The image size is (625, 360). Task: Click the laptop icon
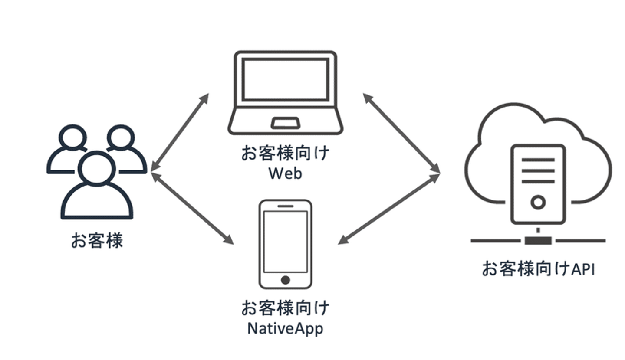click(x=285, y=93)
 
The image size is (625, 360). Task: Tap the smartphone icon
click(x=285, y=244)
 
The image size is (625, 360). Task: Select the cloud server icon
click(x=538, y=173)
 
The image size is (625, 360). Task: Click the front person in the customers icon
click(x=97, y=187)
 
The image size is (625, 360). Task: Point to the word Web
click(x=285, y=173)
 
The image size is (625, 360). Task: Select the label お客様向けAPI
click(x=538, y=269)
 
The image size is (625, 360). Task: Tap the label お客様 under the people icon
click(x=97, y=240)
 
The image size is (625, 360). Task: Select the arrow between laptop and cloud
click(x=401, y=133)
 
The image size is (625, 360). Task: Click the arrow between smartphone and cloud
click(x=389, y=209)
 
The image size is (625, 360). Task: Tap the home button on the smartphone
click(x=285, y=280)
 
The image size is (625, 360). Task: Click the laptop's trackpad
click(x=285, y=123)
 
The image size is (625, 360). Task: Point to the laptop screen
click(x=285, y=80)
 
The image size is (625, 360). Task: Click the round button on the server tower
click(x=538, y=202)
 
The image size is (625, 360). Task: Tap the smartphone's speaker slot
click(x=285, y=206)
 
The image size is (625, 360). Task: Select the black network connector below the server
click(x=538, y=240)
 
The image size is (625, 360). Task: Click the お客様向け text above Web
click(x=285, y=154)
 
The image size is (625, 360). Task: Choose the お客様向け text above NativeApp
click(x=285, y=309)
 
